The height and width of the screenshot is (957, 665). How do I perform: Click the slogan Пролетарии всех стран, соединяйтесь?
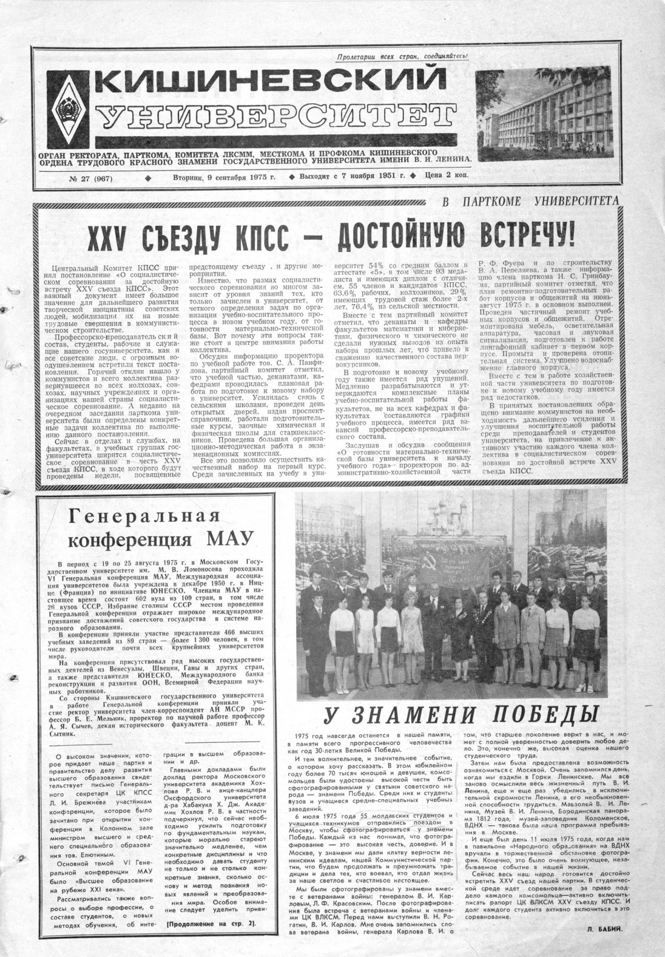tap(403, 57)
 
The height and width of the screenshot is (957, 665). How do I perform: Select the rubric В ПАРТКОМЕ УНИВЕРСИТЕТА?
tap(530, 201)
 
